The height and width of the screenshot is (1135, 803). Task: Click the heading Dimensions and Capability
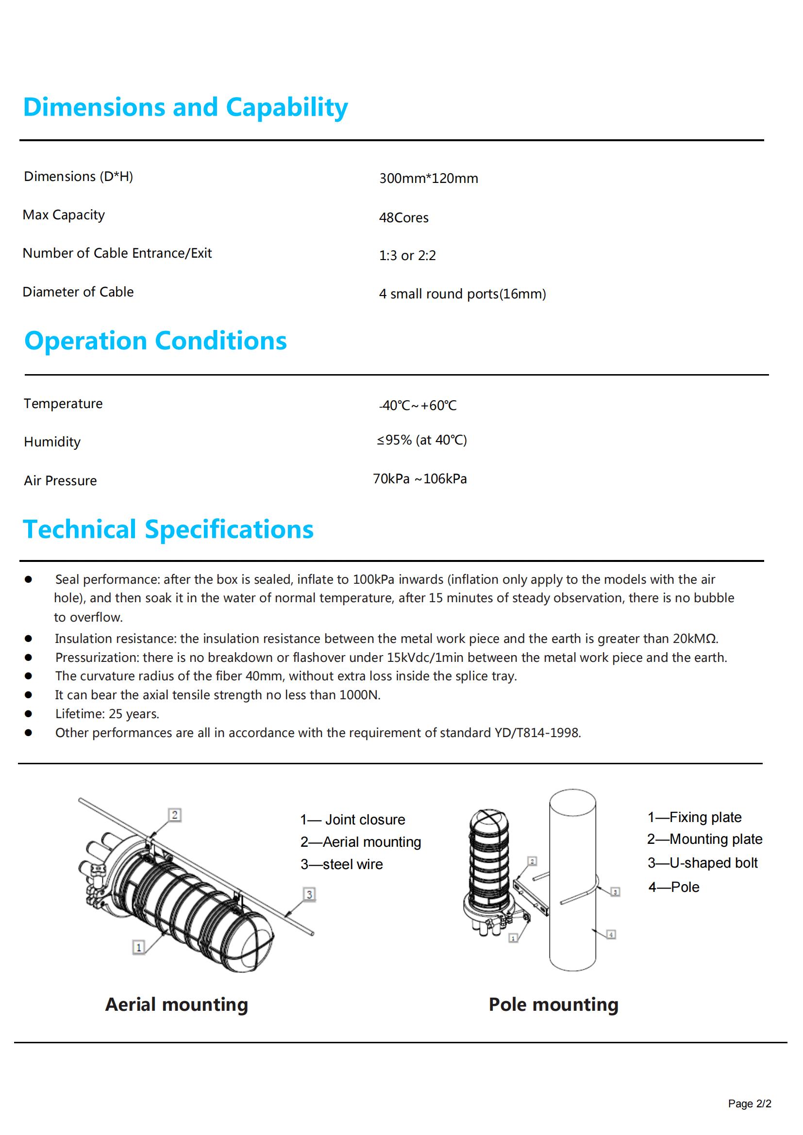[185, 108]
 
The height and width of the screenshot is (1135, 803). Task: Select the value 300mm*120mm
[428, 179]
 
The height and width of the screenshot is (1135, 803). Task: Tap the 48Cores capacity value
[403, 217]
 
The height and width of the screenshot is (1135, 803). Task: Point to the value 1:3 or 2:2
[407, 256]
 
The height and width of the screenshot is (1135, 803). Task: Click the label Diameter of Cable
[78, 292]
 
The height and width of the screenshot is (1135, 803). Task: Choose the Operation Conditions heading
[155, 341]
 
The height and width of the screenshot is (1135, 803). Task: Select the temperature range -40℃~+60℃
[418, 405]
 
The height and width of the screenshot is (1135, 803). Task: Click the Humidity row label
[52, 442]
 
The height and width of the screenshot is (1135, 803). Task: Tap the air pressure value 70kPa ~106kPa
[420, 479]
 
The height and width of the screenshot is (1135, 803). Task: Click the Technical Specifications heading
[168, 529]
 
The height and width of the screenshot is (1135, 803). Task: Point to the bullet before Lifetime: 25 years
[28, 714]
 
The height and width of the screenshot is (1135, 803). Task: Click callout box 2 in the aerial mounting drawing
[175, 815]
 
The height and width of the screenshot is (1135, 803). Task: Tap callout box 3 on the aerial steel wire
[309, 894]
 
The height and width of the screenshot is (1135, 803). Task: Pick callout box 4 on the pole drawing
[611, 934]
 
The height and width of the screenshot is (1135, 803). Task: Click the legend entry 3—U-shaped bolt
[703, 863]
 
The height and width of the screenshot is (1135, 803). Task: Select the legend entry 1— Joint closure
[352, 820]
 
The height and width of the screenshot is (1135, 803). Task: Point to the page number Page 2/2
[749, 1104]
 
